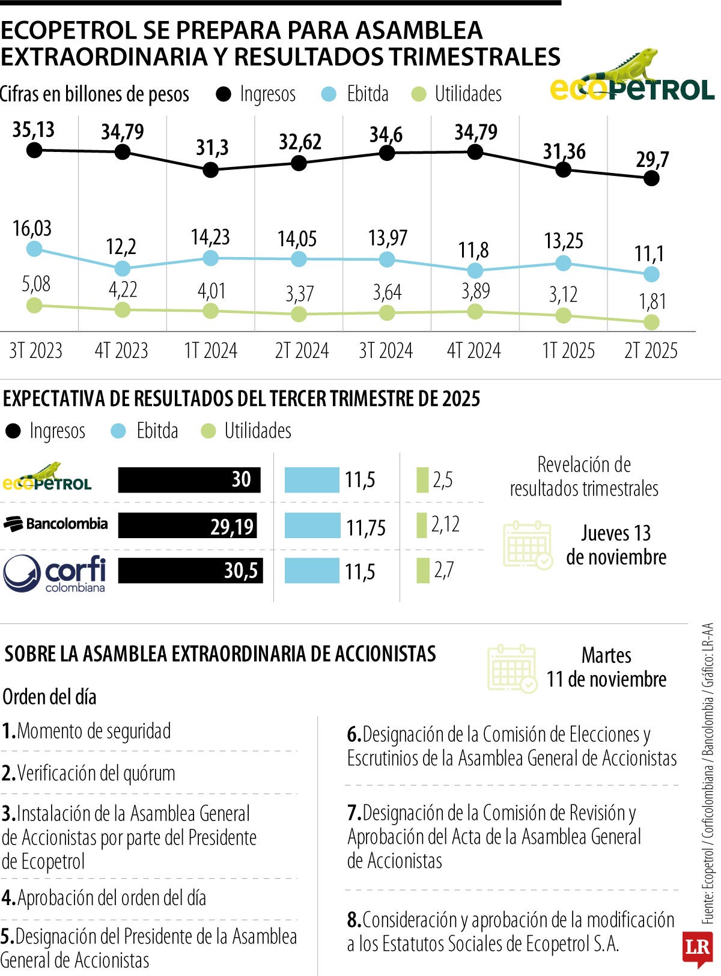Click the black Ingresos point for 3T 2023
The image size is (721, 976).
point(34,150)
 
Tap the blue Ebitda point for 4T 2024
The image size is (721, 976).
point(475,270)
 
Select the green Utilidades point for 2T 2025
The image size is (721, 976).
point(651,323)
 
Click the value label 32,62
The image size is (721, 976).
point(300,142)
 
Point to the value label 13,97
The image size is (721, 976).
point(388,238)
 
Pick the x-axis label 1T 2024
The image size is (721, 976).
point(210,351)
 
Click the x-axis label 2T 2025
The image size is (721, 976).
point(651,351)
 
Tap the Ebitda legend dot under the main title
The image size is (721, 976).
point(329,94)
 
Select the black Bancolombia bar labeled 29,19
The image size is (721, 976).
point(187,526)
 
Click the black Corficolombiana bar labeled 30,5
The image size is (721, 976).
point(190,570)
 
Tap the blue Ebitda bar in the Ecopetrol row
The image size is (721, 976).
point(312,480)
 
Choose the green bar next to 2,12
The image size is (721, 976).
point(422,526)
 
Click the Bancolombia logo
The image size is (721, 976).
point(56,524)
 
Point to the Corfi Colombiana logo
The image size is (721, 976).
point(55,573)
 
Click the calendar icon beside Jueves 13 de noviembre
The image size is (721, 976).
point(528,545)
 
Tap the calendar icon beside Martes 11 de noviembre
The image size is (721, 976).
point(512,669)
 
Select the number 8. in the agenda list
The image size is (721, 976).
point(354,920)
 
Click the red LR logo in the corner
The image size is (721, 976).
point(697,948)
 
